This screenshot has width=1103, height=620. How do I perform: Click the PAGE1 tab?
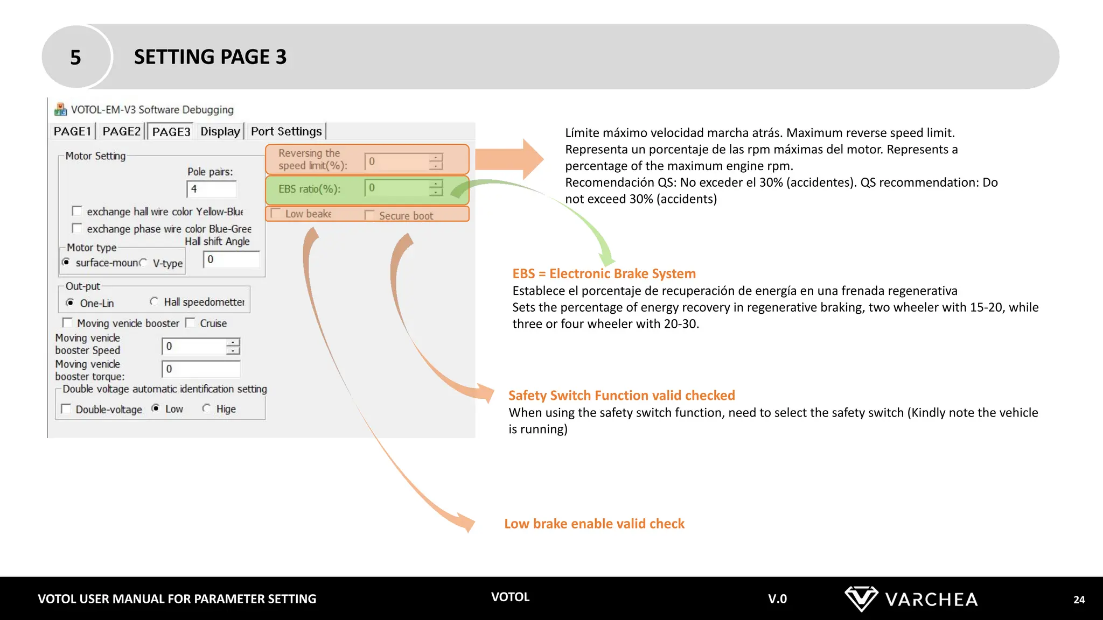click(x=72, y=131)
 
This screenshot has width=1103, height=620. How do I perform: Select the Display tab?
click(x=220, y=131)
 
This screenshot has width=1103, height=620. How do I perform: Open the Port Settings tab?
click(x=286, y=131)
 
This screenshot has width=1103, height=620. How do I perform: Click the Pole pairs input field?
click(x=211, y=189)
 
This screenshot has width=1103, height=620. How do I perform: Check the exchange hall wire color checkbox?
click(x=77, y=211)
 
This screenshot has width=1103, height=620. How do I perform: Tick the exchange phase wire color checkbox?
click(x=77, y=228)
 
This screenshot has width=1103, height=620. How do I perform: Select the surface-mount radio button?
click(x=66, y=262)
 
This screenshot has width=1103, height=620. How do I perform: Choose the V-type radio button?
click(x=143, y=263)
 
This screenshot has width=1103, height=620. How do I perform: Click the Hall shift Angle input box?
click(x=231, y=259)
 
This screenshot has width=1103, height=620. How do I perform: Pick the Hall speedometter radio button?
click(x=154, y=301)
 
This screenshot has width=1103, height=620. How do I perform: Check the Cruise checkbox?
click(x=190, y=323)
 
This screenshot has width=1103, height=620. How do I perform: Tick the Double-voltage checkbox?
click(x=66, y=409)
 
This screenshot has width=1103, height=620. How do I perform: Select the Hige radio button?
click(x=206, y=408)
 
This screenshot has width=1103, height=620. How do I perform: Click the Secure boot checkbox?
click(x=369, y=215)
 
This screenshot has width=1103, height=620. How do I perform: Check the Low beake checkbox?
click(x=276, y=214)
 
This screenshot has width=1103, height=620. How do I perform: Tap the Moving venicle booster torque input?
click(x=201, y=369)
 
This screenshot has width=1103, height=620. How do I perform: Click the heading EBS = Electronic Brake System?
click(x=604, y=273)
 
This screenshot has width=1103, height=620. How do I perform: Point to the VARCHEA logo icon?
click(x=861, y=598)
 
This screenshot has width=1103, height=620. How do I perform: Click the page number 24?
click(x=1079, y=600)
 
